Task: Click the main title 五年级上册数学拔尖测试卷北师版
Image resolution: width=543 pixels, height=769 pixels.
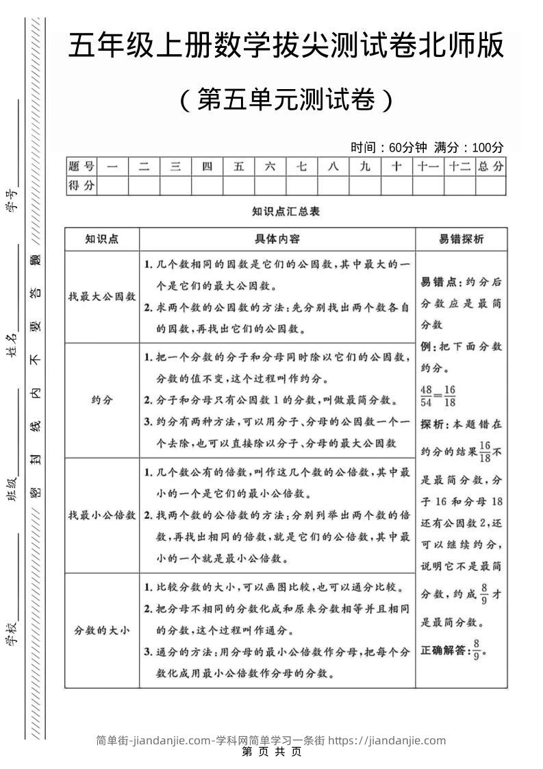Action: point(286,47)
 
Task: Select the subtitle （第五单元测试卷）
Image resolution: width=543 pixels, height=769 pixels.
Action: point(286,100)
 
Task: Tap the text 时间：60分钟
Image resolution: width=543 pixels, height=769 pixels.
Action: point(388,147)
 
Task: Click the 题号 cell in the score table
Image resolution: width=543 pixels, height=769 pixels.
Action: point(81,167)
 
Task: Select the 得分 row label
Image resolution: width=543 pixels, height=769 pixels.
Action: point(81,185)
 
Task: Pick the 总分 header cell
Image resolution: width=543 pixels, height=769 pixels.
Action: point(490,167)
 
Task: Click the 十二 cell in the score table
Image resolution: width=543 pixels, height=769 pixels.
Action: point(459,167)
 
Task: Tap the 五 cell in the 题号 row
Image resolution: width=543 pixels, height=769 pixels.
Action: point(238,167)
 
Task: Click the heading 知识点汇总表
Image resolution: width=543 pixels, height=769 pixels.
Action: point(286,212)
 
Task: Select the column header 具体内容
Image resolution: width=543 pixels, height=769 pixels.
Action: point(277,239)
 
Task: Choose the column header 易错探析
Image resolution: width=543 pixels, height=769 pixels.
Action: point(461,239)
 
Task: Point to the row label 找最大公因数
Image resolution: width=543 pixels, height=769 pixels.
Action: point(102,297)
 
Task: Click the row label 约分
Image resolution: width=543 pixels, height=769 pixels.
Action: point(102,400)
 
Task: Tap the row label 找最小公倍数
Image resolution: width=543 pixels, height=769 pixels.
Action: point(102,515)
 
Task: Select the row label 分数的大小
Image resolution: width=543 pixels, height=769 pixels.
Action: point(102,631)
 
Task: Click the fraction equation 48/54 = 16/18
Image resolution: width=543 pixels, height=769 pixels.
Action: point(438,395)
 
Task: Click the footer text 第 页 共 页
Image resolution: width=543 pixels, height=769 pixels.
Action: point(272,752)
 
